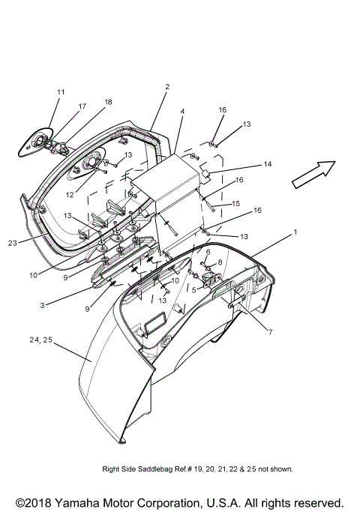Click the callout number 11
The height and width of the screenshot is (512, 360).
pos(61,92)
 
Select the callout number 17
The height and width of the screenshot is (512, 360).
pos(82,106)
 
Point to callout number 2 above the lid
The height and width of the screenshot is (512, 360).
pos(166,87)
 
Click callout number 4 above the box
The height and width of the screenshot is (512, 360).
pos(181,111)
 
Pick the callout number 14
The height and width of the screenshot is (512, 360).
pos(267,164)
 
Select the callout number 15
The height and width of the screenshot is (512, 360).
pos(236,203)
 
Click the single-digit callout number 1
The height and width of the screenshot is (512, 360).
pos(295,232)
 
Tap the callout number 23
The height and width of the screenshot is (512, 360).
pos(13,242)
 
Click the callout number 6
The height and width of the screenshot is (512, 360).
pos(208,252)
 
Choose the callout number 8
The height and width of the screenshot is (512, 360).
pos(220,262)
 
